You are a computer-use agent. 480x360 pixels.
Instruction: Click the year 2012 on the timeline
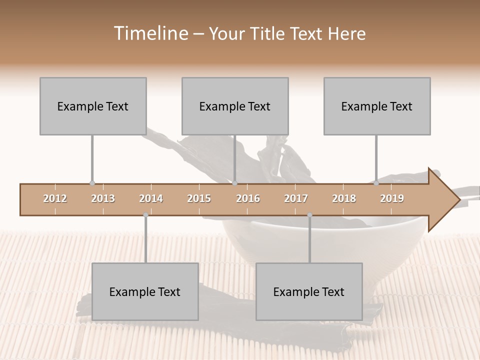point(55,199)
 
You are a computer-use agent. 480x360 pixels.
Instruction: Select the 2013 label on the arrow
point(103,199)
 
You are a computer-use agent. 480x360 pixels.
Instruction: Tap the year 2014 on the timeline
point(151,199)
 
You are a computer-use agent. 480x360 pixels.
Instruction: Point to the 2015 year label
point(199,199)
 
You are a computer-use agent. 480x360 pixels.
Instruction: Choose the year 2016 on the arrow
point(248,199)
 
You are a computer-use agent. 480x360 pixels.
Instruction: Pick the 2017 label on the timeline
point(296,199)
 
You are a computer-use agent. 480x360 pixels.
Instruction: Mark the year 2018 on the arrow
point(344,199)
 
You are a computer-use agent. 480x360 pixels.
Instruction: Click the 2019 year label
point(392,199)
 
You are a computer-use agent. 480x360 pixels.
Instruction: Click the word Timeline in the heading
point(150,33)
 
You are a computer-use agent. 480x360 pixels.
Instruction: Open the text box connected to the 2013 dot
point(93,106)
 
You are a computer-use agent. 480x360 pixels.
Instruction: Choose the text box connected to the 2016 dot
point(235,106)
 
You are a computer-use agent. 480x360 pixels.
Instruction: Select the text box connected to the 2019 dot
point(377,106)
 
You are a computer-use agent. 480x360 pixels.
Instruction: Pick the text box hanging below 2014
point(145,291)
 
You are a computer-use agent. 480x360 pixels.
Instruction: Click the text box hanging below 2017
point(309,291)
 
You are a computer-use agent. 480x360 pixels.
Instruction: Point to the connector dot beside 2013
point(92,183)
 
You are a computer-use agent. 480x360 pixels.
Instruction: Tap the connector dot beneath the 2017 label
point(309,215)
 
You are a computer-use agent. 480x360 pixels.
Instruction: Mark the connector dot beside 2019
point(376,183)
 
